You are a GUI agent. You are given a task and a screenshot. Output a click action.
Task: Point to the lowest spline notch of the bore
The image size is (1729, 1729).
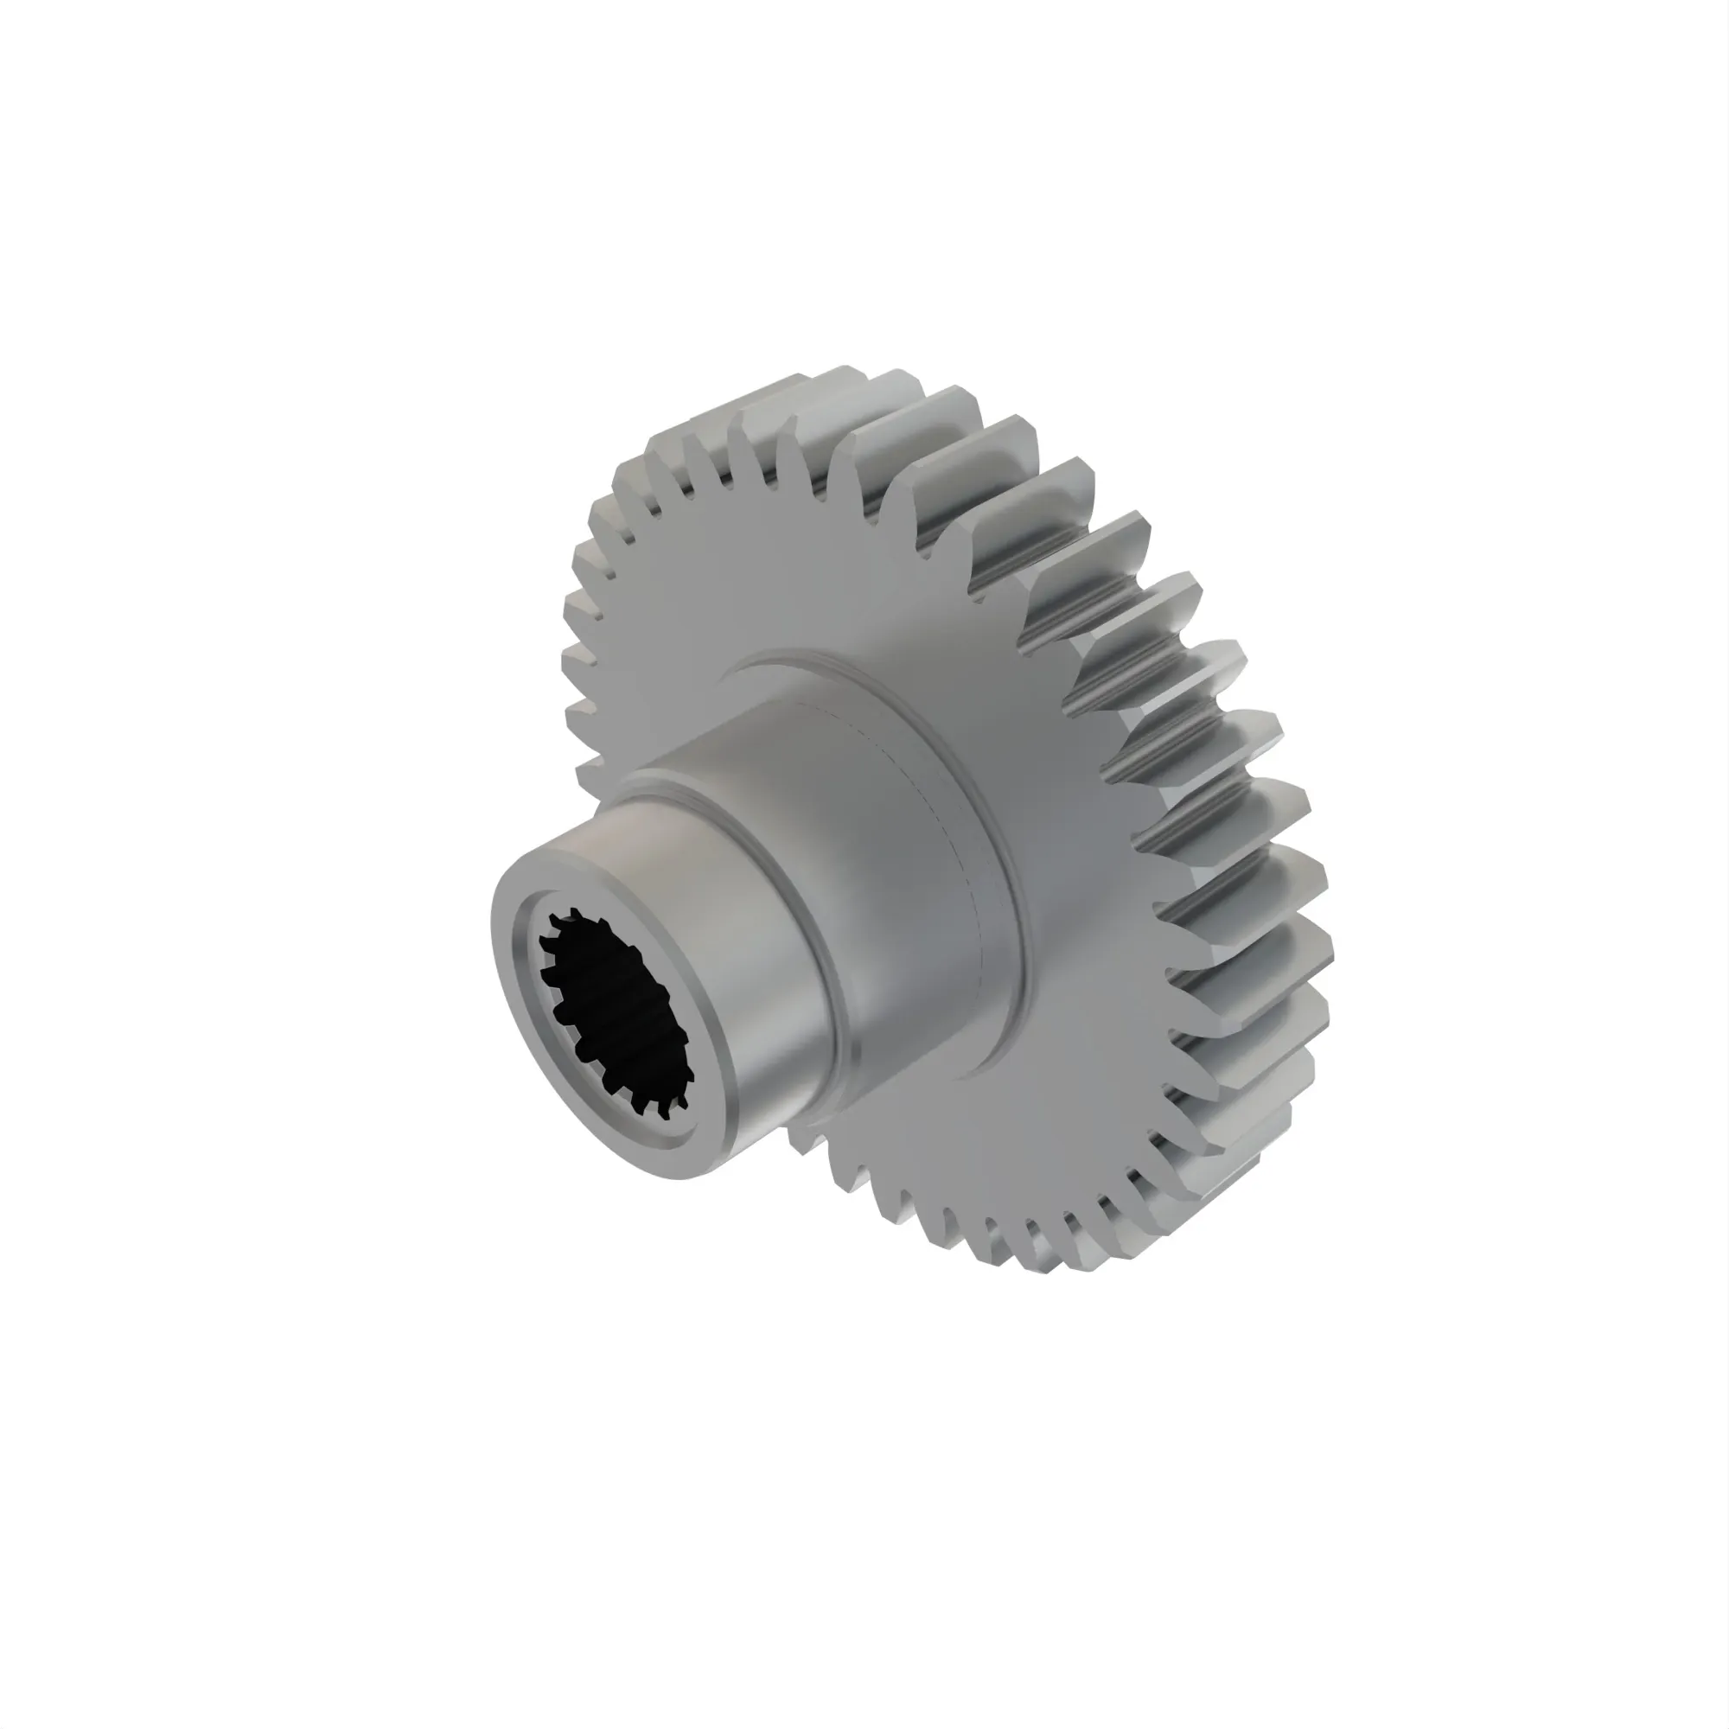point(664,1115)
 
